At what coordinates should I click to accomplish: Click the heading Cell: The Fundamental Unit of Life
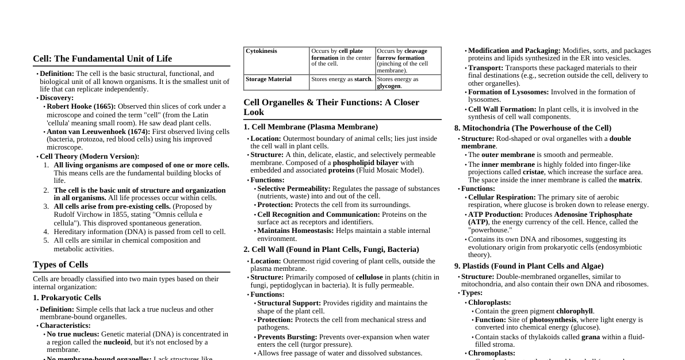[102, 59]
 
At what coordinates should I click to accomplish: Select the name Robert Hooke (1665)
[81, 106]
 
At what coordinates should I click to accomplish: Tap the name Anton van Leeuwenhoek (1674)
[98, 132]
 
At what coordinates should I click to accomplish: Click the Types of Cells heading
[60, 265]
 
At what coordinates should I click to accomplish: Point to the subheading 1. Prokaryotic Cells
[67, 298]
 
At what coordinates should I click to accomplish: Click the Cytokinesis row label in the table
[261, 51]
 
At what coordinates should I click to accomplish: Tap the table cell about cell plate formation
[342, 58]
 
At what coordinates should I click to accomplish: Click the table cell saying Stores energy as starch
[342, 79]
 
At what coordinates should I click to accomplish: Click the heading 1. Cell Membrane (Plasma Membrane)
[311, 127]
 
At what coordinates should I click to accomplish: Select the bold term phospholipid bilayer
[365, 163]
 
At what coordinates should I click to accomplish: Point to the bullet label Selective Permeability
[293, 189]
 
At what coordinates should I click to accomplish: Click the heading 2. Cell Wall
[331, 250]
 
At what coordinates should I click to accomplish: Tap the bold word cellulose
[369, 277]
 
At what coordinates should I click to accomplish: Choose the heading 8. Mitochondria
[533, 128]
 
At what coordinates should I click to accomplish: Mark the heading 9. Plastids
[529, 266]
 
